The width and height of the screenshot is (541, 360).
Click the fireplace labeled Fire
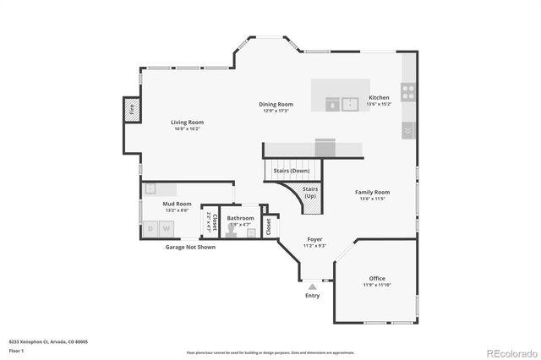click(x=132, y=109)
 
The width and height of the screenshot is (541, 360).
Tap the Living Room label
click(x=188, y=123)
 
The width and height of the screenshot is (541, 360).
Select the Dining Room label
click(x=276, y=105)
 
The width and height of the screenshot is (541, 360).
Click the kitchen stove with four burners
click(x=407, y=92)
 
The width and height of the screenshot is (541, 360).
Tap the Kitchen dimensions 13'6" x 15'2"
click(x=379, y=105)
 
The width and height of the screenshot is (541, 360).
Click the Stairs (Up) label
click(x=310, y=191)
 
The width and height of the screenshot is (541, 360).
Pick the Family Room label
click(x=372, y=192)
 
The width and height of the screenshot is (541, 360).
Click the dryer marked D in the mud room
click(x=152, y=228)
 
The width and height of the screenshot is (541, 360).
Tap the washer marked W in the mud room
click(x=167, y=228)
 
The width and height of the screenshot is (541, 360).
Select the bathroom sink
click(x=250, y=231)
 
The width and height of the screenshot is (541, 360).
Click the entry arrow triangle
click(x=313, y=287)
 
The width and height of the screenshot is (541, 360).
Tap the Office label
click(x=377, y=278)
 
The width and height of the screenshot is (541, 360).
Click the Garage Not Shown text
click(x=189, y=247)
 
